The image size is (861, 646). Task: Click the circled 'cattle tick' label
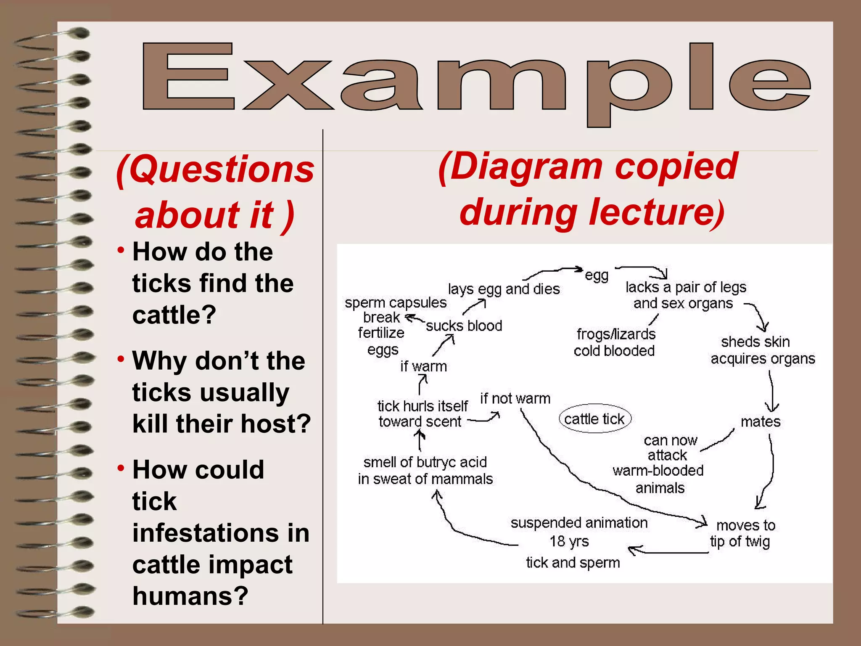pos(594,419)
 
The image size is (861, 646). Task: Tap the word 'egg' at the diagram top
pos(597,275)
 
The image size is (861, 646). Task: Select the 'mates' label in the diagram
pos(760,421)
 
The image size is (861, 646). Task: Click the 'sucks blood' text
pos(464,326)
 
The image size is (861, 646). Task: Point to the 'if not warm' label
pos(515,398)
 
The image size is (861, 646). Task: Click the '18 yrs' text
pos(569,541)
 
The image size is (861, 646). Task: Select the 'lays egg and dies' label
pos(504,289)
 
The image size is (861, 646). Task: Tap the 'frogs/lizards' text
pos(616,334)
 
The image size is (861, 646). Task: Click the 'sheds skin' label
pos(755,342)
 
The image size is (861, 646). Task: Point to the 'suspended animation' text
pos(579,523)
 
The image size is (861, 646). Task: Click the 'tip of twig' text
pos(740,542)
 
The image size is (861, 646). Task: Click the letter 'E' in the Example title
pos(188,76)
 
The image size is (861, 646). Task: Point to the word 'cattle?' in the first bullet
pos(174,315)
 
